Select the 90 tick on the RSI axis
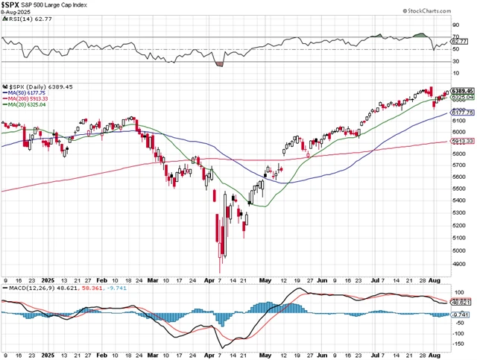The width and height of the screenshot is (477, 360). coord(455,25)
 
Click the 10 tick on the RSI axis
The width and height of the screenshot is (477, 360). coord(455,73)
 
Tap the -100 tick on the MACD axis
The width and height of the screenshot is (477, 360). coord(458,331)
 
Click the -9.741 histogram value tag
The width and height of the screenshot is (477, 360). coord(463,315)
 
